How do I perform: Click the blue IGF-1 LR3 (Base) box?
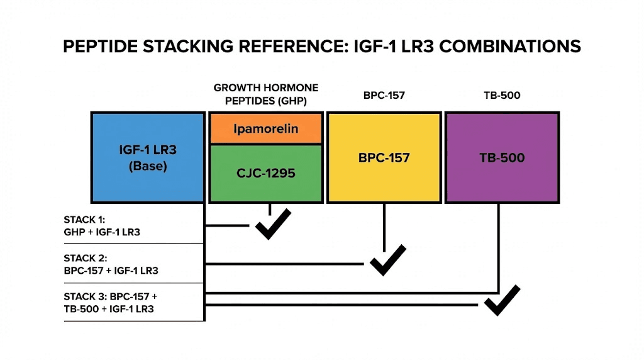pyautogui.click(x=148, y=157)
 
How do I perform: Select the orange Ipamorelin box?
pyautogui.click(x=266, y=129)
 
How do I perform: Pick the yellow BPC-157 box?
pyautogui.click(x=384, y=157)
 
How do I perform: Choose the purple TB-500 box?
pyautogui.click(x=502, y=157)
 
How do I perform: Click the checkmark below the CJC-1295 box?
pyautogui.click(x=272, y=225)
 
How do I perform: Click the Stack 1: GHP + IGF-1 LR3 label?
pyautogui.click(x=102, y=226)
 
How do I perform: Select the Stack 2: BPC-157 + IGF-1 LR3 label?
pyautogui.click(x=111, y=264)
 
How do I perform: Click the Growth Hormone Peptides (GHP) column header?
pyautogui.click(x=266, y=94)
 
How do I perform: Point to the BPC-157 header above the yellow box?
pyautogui.click(x=383, y=96)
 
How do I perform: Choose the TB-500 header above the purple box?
pyautogui.click(x=502, y=96)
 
